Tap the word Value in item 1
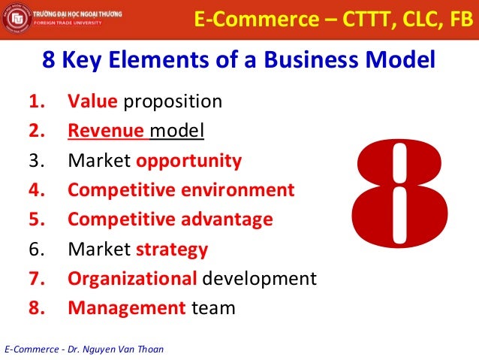pyautogui.click(x=88, y=101)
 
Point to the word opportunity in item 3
pyautogui.click(x=189, y=160)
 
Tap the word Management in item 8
pyautogui.click(x=126, y=307)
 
